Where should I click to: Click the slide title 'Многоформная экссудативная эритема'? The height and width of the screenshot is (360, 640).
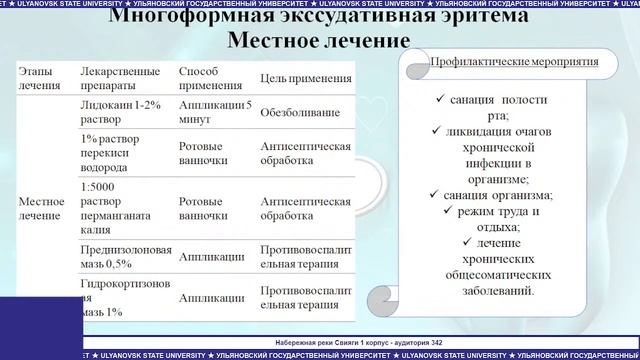coord(319,17)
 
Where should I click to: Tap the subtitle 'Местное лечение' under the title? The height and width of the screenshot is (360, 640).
coord(319,42)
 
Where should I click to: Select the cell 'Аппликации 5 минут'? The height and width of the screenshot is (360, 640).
coord(213,111)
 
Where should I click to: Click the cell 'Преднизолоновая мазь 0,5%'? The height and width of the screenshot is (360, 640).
coord(125,257)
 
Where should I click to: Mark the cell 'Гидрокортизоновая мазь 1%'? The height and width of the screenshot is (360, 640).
coord(124,297)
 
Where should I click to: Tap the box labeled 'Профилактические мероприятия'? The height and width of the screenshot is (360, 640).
coord(513,61)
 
